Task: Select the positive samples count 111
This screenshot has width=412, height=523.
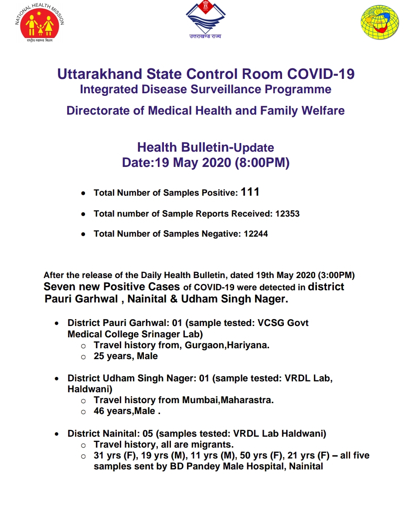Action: [x=250, y=192]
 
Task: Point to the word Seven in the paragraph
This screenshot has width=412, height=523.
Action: [x=58, y=287]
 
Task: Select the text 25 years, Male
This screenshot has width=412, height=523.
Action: [x=126, y=356]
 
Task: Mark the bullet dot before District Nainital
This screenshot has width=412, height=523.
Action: [x=57, y=435]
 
